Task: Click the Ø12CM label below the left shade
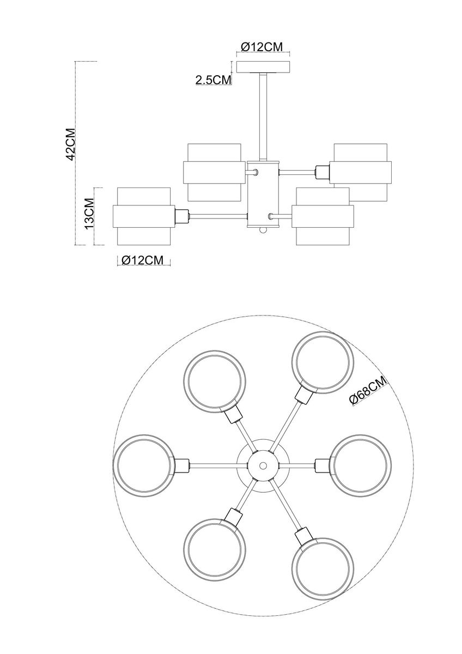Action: pos(143,261)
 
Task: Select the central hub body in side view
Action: pos(263,193)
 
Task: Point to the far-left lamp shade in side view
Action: pos(143,216)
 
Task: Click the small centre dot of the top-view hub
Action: pos(263,466)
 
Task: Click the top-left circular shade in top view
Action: pos(214,381)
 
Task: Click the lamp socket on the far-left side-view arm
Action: pos(181,216)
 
